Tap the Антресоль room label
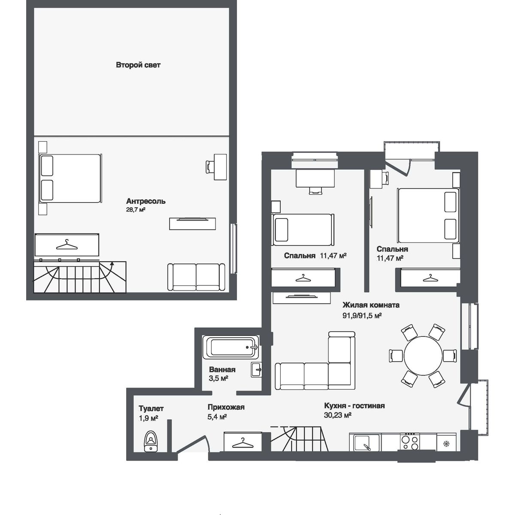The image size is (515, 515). tap(146, 201)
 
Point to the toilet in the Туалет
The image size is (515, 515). tap(150, 441)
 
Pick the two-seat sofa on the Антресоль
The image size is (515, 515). tap(196, 277)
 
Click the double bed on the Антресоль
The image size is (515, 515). tap(71, 178)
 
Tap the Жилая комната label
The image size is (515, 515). tap(371, 305)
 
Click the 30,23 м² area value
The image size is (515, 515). tap(338, 415)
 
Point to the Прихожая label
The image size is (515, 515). tap(226, 407)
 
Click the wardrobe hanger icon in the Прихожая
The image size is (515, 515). tap(242, 442)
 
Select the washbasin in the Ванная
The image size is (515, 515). tap(257, 370)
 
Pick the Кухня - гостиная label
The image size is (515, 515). tap(354, 406)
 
